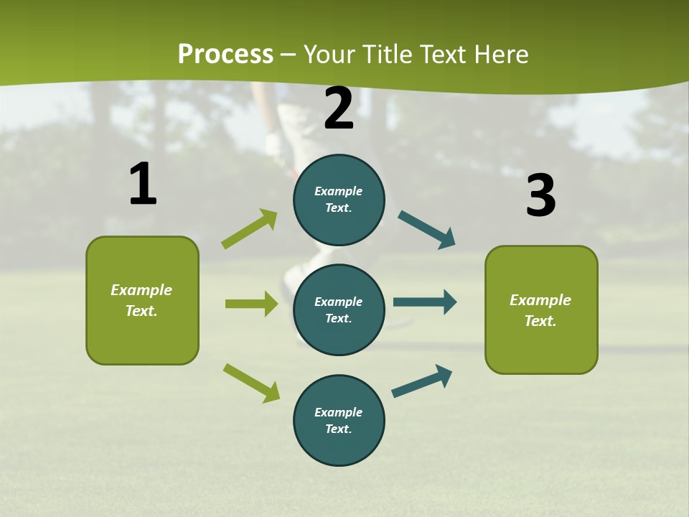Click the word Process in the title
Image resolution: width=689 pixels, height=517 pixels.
[x=225, y=55]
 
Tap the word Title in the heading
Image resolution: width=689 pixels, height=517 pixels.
[x=388, y=55]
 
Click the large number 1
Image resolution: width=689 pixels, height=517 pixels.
[x=143, y=185]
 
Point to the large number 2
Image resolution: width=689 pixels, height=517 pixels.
[x=339, y=108]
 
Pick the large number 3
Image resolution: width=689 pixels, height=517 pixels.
[x=540, y=195]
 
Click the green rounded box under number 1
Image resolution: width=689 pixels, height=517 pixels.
[x=142, y=300]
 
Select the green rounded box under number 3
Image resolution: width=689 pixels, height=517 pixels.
[x=541, y=309]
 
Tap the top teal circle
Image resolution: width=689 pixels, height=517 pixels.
[x=339, y=200]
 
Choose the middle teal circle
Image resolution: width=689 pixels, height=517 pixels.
[x=339, y=309]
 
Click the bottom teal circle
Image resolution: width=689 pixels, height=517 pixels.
[x=339, y=420]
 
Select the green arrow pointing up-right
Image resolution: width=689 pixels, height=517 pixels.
[x=250, y=229]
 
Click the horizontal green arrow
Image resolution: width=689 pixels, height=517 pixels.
[x=251, y=304]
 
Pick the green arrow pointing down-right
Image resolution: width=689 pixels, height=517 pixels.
[x=251, y=383]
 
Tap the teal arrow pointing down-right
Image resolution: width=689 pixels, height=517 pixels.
[x=427, y=230]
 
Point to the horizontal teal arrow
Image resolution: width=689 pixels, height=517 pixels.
[x=425, y=302]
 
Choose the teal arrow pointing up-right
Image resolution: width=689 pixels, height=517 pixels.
[x=422, y=381]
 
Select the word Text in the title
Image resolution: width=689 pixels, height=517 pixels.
[x=442, y=55]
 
